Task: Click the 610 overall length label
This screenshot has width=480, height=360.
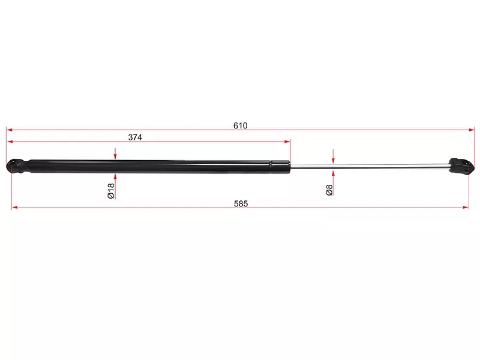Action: pos(241,125)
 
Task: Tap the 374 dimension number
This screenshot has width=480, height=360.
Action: pos(135,137)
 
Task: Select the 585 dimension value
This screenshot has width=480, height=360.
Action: pos(241,203)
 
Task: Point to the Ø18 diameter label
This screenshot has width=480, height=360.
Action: pos(111,191)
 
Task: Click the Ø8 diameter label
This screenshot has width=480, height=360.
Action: pos(329,190)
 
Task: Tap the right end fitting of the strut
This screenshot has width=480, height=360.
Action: pos(462,167)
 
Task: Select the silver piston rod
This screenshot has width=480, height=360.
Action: pos(370,166)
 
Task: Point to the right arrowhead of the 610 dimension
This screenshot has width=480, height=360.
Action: pos(472,130)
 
